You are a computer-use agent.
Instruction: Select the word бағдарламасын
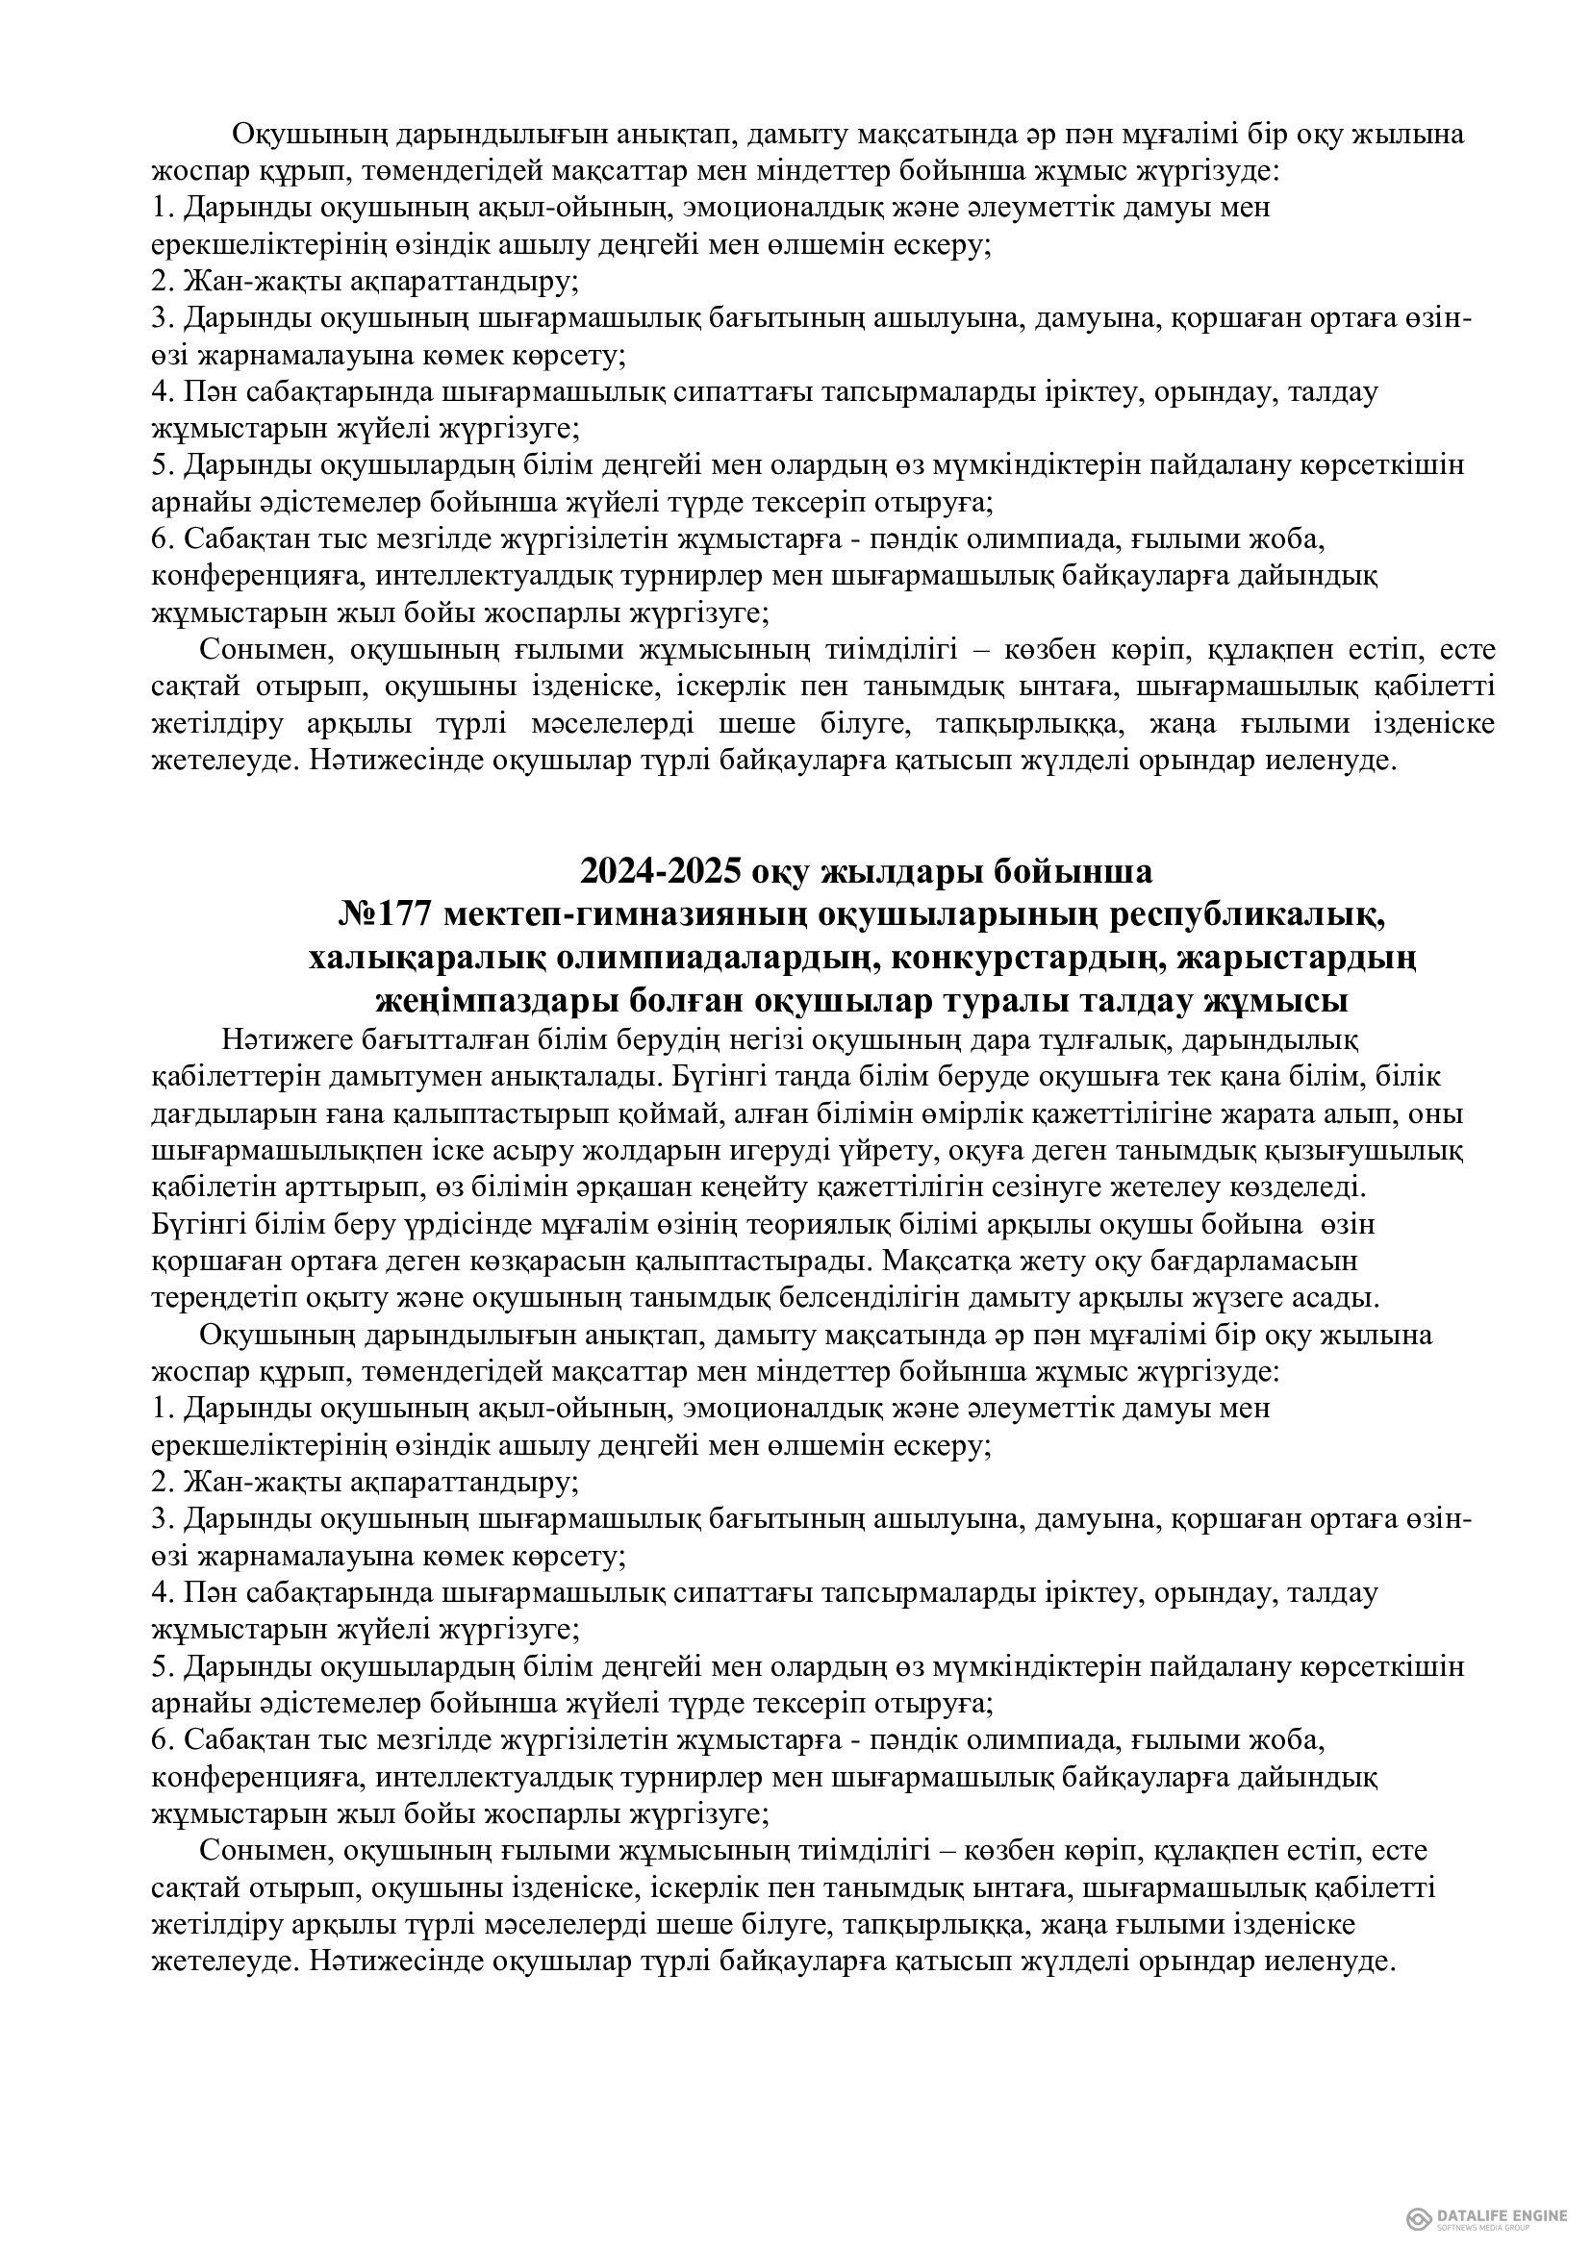point(1259,1262)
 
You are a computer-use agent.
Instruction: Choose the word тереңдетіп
point(221,1299)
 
